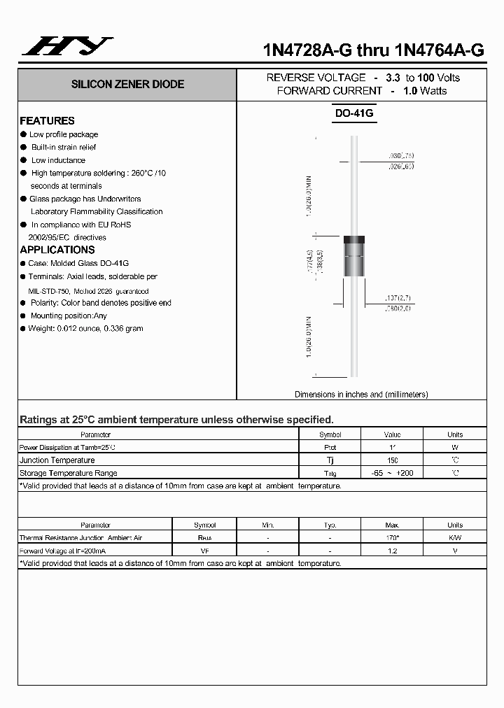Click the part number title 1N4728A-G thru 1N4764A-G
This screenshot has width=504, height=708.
click(373, 50)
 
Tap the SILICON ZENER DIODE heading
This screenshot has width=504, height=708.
click(127, 84)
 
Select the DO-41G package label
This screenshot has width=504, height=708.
click(354, 113)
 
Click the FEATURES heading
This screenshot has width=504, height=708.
click(47, 120)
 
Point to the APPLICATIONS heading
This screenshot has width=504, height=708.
click(57, 250)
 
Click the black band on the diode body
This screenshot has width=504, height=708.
click(354, 241)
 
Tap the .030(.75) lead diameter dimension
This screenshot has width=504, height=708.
click(400, 155)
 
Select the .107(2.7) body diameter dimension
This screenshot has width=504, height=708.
click(399, 298)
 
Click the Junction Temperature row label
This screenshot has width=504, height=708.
click(57, 460)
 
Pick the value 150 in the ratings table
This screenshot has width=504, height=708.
click(392, 460)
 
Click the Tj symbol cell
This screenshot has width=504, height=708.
click(330, 460)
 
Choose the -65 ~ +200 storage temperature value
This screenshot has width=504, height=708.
click(392, 474)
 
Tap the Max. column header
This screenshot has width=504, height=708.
click(392, 525)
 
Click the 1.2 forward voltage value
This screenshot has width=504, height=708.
click(392, 551)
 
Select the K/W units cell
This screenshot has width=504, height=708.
click(455, 538)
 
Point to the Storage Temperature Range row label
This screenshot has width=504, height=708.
click(69, 474)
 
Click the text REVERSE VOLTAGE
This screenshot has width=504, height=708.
click(316, 78)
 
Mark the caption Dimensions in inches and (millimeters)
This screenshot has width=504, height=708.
click(361, 395)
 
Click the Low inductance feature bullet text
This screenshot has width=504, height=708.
click(58, 160)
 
